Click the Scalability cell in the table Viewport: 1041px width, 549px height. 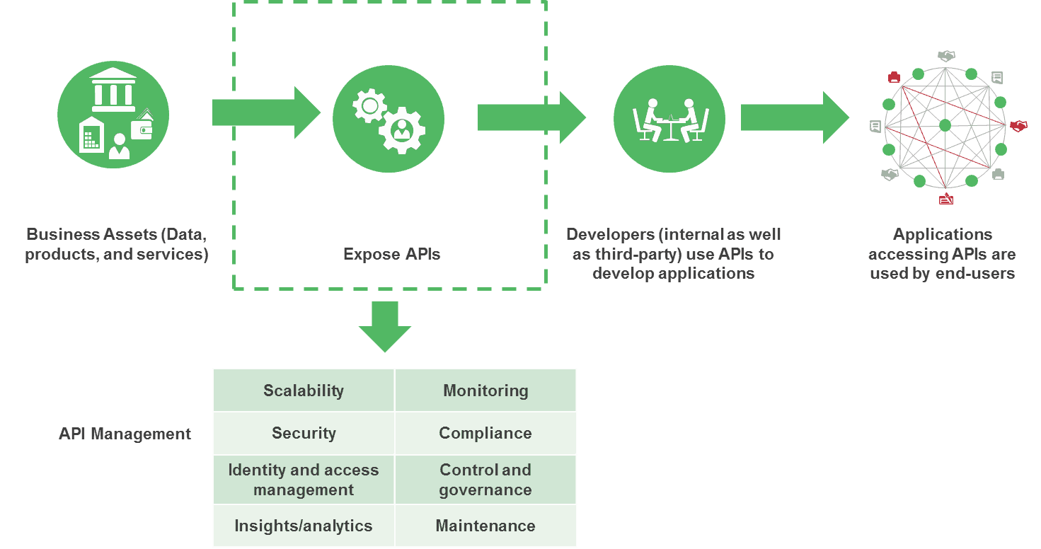[304, 390]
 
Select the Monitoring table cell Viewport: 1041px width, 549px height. [485, 390]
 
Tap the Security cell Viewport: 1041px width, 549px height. [304, 433]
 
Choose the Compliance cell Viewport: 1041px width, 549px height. [485, 433]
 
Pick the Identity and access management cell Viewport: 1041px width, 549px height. [304, 480]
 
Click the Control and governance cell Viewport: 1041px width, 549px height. [485, 480]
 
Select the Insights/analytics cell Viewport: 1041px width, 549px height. [304, 526]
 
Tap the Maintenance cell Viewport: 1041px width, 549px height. [485, 526]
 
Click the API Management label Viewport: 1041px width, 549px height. [125, 434]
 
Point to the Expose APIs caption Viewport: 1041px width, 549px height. [392, 254]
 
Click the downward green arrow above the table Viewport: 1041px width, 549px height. [385, 327]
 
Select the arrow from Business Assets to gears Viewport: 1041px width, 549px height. [266, 112]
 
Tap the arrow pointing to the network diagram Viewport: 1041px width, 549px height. [795, 117]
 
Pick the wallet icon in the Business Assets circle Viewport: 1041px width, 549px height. [142, 127]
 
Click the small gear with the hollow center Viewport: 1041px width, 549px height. [369, 106]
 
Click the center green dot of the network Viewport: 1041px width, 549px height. [945, 125]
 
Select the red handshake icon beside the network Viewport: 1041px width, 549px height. [1018, 125]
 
